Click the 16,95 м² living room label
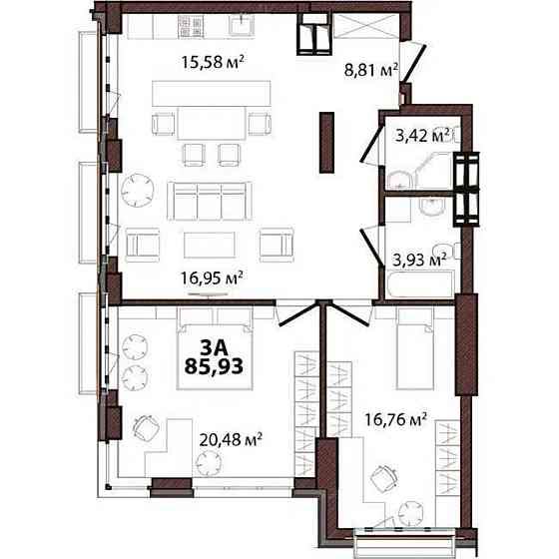coord(216,277)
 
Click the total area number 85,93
coord(213,366)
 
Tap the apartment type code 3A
coord(213,346)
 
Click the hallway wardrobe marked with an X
coord(353,27)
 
